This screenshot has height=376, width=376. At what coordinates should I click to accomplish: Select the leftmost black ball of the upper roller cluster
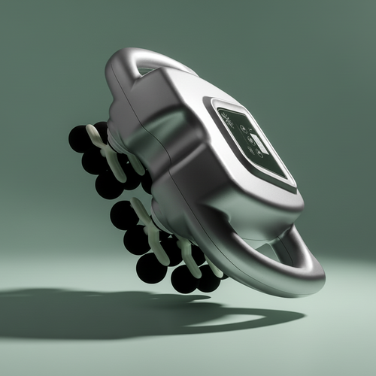click(x=79, y=138)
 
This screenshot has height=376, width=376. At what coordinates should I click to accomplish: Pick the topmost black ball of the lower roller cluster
click(x=123, y=215)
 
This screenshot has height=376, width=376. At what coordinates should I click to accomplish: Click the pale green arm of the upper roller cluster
click(x=105, y=150)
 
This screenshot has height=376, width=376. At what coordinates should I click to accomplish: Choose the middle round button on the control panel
click(x=247, y=140)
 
